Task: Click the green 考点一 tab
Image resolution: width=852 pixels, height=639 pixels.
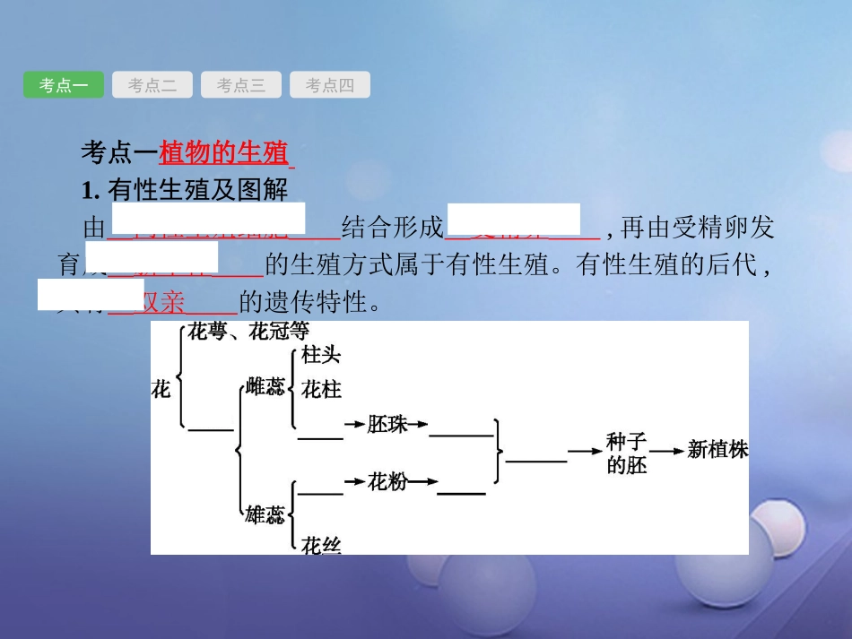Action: click(x=64, y=85)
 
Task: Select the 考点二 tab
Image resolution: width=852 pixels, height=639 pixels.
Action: click(x=152, y=85)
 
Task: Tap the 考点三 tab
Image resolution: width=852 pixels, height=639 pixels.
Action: click(x=240, y=85)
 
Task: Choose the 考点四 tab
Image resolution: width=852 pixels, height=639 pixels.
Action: click(x=329, y=85)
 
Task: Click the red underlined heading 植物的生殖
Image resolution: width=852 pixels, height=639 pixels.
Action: click(x=223, y=153)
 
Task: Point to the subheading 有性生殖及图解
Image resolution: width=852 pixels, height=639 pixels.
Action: click(x=196, y=190)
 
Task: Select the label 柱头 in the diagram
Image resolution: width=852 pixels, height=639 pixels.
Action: click(x=321, y=355)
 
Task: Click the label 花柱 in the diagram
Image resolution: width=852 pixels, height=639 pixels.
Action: click(x=321, y=390)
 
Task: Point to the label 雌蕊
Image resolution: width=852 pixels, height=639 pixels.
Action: click(x=265, y=387)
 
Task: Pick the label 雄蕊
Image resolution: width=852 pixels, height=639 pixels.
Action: click(x=265, y=514)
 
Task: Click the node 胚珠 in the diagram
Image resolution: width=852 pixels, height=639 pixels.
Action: click(x=387, y=425)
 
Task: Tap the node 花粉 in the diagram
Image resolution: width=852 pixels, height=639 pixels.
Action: click(x=387, y=482)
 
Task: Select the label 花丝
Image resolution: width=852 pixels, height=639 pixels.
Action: click(x=321, y=544)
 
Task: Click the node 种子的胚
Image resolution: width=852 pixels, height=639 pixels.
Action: click(x=626, y=453)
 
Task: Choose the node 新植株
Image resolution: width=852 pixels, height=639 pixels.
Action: click(x=717, y=450)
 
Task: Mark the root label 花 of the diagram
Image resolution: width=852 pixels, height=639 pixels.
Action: click(x=161, y=389)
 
